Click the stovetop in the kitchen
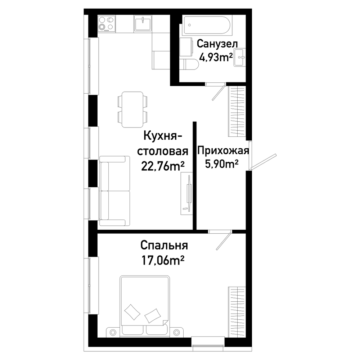click(107, 24)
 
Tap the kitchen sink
click(143, 23)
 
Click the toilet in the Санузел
click(190, 64)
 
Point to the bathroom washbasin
click(240, 57)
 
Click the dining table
click(132, 109)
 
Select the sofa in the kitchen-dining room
click(115, 191)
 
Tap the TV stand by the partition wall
click(186, 194)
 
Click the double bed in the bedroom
click(145, 305)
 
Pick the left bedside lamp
click(113, 332)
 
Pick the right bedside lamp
click(176, 332)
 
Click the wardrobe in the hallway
click(237, 111)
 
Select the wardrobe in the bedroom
click(237, 312)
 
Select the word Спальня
click(164, 246)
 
